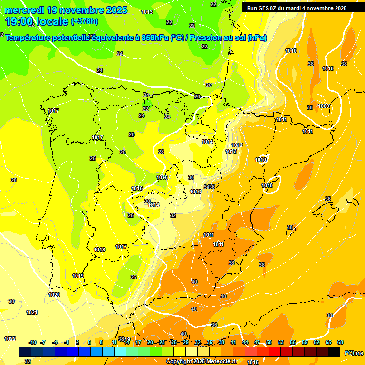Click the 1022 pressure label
pos(10,339)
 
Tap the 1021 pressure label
pos(32,312)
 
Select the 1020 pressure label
pos(54,295)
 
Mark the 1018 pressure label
pos(99,250)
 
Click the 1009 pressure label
pos(324,106)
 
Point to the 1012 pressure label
pos(237,145)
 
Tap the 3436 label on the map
pos(209,187)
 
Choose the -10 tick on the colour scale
pos(32,342)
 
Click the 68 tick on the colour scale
pos(340,342)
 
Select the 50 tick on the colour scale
pos(269,342)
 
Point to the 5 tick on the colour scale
pos(89,342)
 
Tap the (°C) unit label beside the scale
pos(348,353)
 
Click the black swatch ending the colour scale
pos(334,352)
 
